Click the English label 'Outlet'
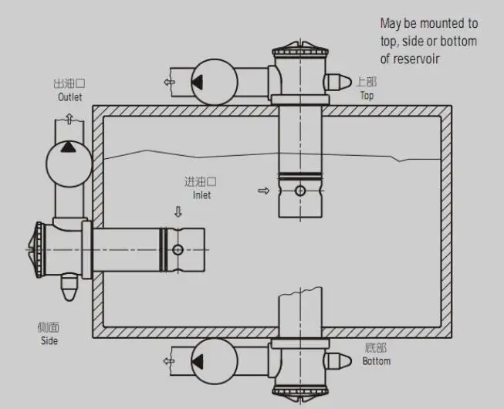[69, 97]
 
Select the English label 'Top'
[367, 96]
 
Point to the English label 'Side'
[49, 340]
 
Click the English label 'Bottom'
[376, 361]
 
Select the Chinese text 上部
[367, 83]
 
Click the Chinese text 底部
[376, 348]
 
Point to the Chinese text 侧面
[49, 326]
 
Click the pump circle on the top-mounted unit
[212, 81]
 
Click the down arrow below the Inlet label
[178, 211]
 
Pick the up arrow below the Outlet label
[69, 118]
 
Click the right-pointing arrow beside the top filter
[264, 191]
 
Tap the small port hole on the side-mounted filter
[178, 249]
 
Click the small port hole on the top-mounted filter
[299, 191]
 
